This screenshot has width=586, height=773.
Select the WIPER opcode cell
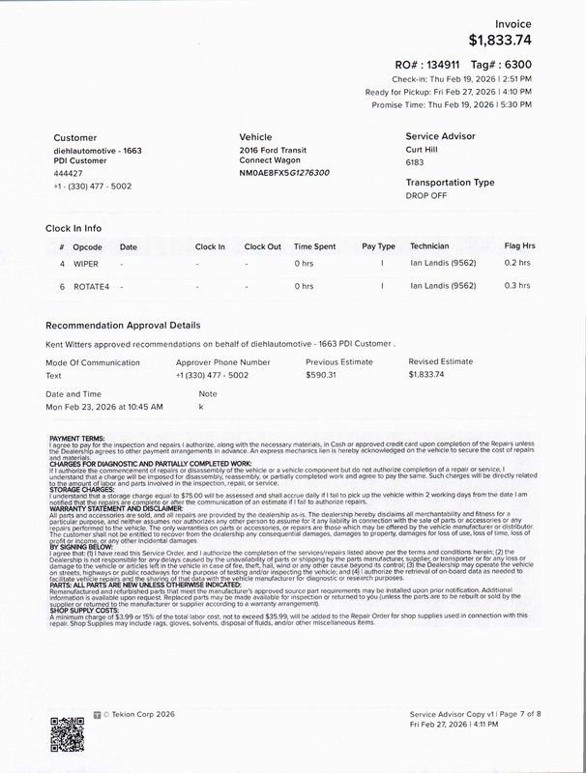[86, 262]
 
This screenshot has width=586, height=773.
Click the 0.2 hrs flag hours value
[517, 262]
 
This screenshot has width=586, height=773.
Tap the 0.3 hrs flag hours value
[517, 286]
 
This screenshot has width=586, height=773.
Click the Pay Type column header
[378, 246]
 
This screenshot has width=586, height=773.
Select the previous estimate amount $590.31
[321, 374]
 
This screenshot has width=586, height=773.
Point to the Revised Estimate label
[441, 361]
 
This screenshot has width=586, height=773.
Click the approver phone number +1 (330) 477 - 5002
[212, 374]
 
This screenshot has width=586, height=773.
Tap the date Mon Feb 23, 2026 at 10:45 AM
[103, 407]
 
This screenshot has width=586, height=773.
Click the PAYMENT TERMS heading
[78, 438]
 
